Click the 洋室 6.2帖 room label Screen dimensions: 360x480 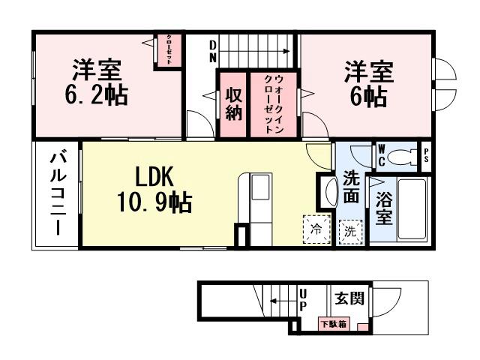tap(98, 82)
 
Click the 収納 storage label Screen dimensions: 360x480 tap(232, 104)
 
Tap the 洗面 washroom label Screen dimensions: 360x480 tap(351, 187)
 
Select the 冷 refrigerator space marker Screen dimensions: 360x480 tap(316, 229)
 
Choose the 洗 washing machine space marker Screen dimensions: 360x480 tap(349, 230)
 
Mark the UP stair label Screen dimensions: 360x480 tap(303, 300)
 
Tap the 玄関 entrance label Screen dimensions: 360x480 tap(349, 298)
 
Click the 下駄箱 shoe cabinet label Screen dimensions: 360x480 tap(332, 325)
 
